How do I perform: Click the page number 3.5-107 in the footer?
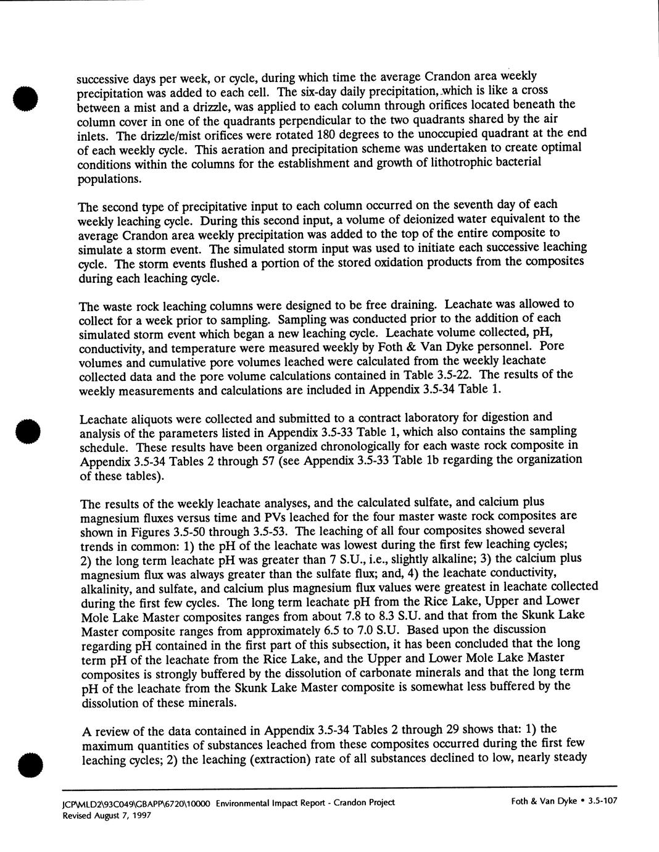tap(603, 801)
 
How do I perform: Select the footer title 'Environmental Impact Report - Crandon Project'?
tap(305, 803)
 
